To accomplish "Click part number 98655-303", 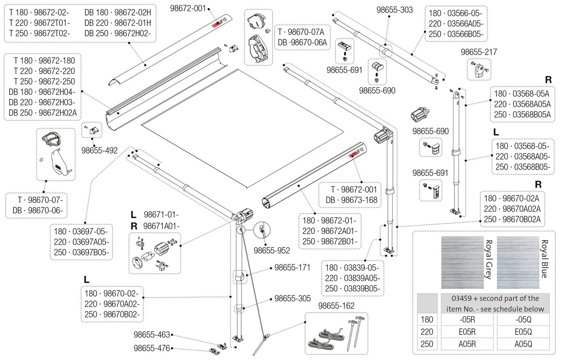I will pyautogui.click(x=394, y=10).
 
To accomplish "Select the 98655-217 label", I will pyautogui.click(x=479, y=52).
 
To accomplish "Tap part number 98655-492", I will pyautogui.click(x=99, y=150).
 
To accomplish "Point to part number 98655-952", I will pyautogui.click(x=271, y=250).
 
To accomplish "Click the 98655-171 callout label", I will pyautogui.click(x=292, y=267).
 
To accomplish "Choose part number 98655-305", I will pyautogui.click(x=292, y=298).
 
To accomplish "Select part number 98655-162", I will pyautogui.click(x=336, y=306).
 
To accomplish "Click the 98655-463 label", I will pyautogui.click(x=152, y=335).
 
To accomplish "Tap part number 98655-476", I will pyautogui.click(x=152, y=348).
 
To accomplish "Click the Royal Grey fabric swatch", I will pyautogui.click(x=462, y=262).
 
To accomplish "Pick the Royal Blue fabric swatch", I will pyautogui.click(x=518, y=262).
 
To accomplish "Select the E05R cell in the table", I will pyautogui.click(x=467, y=332).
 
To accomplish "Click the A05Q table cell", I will pyautogui.click(x=523, y=344).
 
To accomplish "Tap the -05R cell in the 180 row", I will pyautogui.click(x=467, y=320).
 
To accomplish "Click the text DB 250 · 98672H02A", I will pyautogui.click(x=43, y=113).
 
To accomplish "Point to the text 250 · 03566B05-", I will pyautogui.click(x=456, y=34).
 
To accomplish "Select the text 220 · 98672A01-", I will pyautogui.click(x=330, y=231).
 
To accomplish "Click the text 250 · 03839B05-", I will pyautogui.click(x=352, y=289).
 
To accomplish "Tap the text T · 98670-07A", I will pyautogui.click(x=301, y=32).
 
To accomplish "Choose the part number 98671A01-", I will pyautogui.click(x=161, y=226).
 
